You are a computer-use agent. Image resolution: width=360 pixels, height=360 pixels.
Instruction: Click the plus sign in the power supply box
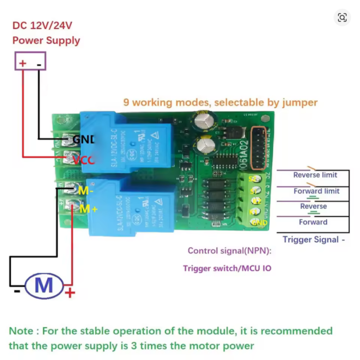23,63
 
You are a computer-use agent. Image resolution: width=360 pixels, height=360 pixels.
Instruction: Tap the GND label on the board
84,140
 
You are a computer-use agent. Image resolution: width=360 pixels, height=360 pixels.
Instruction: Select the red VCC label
84,159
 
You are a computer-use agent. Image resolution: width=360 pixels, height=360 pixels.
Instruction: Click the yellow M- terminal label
86,190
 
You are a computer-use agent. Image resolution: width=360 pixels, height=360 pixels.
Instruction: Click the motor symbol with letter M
44,285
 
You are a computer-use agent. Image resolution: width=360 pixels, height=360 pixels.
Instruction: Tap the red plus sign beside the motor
70,292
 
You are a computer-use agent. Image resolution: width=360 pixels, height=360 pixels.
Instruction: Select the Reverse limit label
315,175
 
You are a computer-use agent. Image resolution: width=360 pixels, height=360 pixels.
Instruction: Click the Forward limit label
316,191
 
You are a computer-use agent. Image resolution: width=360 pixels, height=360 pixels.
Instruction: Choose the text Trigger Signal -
313,240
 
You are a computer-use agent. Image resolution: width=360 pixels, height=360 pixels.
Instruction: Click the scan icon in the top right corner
342,18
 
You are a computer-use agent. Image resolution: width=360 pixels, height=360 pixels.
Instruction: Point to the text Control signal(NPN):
229,251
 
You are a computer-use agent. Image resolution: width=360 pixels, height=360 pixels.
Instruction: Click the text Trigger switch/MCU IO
227,268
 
